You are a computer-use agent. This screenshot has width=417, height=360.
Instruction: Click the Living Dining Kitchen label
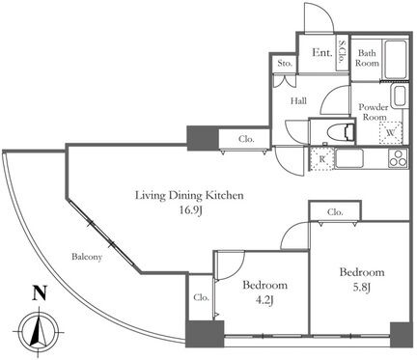pyautogui.click(x=189, y=195)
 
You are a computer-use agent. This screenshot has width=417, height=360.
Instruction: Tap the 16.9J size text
pyautogui.click(x=191, y=211)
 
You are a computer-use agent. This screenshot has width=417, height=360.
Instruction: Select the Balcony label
pyautogui.click(x=87, y=257)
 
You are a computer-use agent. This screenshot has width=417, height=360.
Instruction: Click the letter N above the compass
pyautogui.click(x=40, y=293)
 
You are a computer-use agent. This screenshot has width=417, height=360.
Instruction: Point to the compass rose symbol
pyautogui.click(x=39, y=332)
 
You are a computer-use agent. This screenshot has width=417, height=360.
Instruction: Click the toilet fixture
pyautogui.click(x=340, y=132)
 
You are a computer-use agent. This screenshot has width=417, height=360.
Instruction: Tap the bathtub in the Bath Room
pyautogui.click(x=395, y=60)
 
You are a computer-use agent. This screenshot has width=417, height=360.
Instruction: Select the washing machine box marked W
pyautogui.click(x=391, y=133)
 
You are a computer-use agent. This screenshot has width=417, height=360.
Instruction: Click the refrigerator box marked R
pyautogui.click(x=321, y=158)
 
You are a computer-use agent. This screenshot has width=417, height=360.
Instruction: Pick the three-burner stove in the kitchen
pyautogui.click(x=398, y=158)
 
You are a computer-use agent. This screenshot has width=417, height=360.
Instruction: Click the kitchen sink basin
pyautogui.click(x=349, y=158)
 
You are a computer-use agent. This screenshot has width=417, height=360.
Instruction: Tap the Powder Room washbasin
pyautogui.click(x=399, y=97)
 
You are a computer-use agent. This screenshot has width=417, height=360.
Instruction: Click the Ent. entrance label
pyautogui.click(x=322, y=53)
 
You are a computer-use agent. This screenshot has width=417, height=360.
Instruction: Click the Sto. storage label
pyautogui.click(x=285, y=63)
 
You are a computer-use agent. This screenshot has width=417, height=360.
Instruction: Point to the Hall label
pyautogui.click(x=298, y=101)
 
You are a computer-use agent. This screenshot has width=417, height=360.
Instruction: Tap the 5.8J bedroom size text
pyautogui.click(x=362, y=287)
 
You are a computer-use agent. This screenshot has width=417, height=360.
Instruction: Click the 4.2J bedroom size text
pyautogui.click(x=265, y=300)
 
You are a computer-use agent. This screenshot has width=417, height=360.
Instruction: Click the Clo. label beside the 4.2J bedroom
pyautogui.click(x=202, y=297)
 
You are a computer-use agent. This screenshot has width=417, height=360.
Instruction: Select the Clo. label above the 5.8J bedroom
pyautogui.click(x=335, y=212)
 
